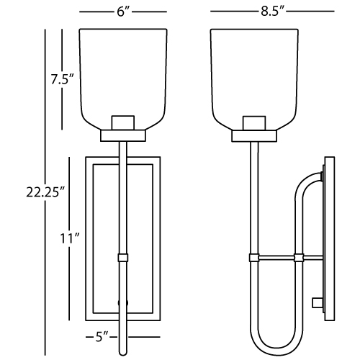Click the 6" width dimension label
tap(123, 12)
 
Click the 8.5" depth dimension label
tap(272, 11)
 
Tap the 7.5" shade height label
tap(61, 79)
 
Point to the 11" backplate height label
tap(70, 238)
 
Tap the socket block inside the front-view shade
tap(123, 123)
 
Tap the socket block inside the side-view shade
tap(254, 123)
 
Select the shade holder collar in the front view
tap(123, 136)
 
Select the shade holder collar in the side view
tap(254, 136)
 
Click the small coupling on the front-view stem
tap(123, 258)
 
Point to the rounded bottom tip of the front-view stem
tap(123, 354)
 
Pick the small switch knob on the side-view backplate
tap(317, 302)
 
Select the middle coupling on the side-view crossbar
tap(300, 258)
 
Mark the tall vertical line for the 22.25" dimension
tap(45, 192)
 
